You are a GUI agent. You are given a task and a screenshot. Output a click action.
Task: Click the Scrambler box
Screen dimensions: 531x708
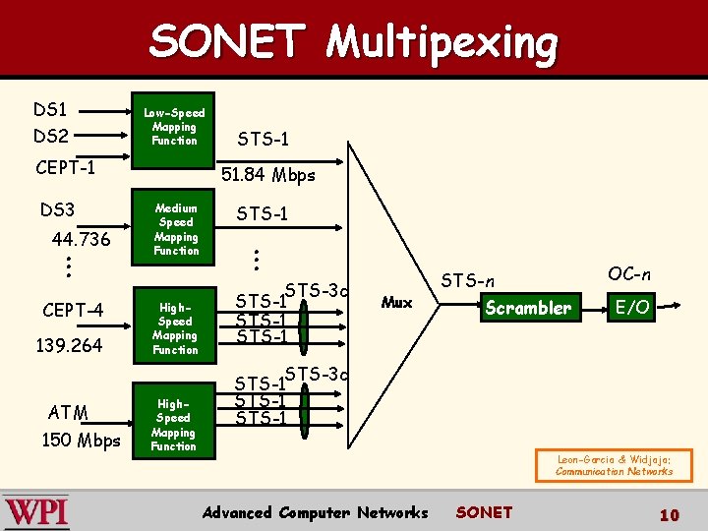(x=527, y=308)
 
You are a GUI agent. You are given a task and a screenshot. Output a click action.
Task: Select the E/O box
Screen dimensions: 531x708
(x=631, y=308)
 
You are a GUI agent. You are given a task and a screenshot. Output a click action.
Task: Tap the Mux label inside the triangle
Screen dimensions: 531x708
(x=396, y=302)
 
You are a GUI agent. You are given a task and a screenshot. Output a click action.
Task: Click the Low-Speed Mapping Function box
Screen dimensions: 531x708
(x=174, y=127)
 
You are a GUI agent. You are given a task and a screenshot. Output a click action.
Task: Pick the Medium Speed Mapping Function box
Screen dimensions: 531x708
(x=176, y=230)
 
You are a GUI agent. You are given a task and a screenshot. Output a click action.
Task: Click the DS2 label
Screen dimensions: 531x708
(x=51, y=136)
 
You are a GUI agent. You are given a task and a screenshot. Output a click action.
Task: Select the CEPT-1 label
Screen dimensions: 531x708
(x=65, y=168)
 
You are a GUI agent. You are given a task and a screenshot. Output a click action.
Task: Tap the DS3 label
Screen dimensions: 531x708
(x=57, y=209)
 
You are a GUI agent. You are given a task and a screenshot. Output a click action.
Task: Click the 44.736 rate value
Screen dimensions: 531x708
(x=81, y=240)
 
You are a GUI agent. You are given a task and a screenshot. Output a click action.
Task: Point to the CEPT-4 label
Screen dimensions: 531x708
(x=72, y=311)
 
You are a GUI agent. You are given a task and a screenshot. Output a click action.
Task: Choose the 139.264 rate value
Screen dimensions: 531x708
(x=70, y=345)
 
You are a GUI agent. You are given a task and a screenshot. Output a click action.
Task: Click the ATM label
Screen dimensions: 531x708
(x=68, y=412)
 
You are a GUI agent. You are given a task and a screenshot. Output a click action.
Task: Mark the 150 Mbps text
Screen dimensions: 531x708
(x=81, y=440)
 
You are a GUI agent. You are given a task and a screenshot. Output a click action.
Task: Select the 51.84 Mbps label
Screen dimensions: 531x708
(x=268, y=175)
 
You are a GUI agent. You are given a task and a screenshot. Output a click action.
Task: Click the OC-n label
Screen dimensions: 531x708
(x=629, y=273)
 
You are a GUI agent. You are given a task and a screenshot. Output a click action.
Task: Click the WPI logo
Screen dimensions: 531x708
(x=36, y=511)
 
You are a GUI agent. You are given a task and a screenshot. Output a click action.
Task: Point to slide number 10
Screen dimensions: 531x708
(x=669, y=514)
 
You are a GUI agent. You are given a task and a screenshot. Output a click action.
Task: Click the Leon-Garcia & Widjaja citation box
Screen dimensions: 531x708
(x=615, y=465)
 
